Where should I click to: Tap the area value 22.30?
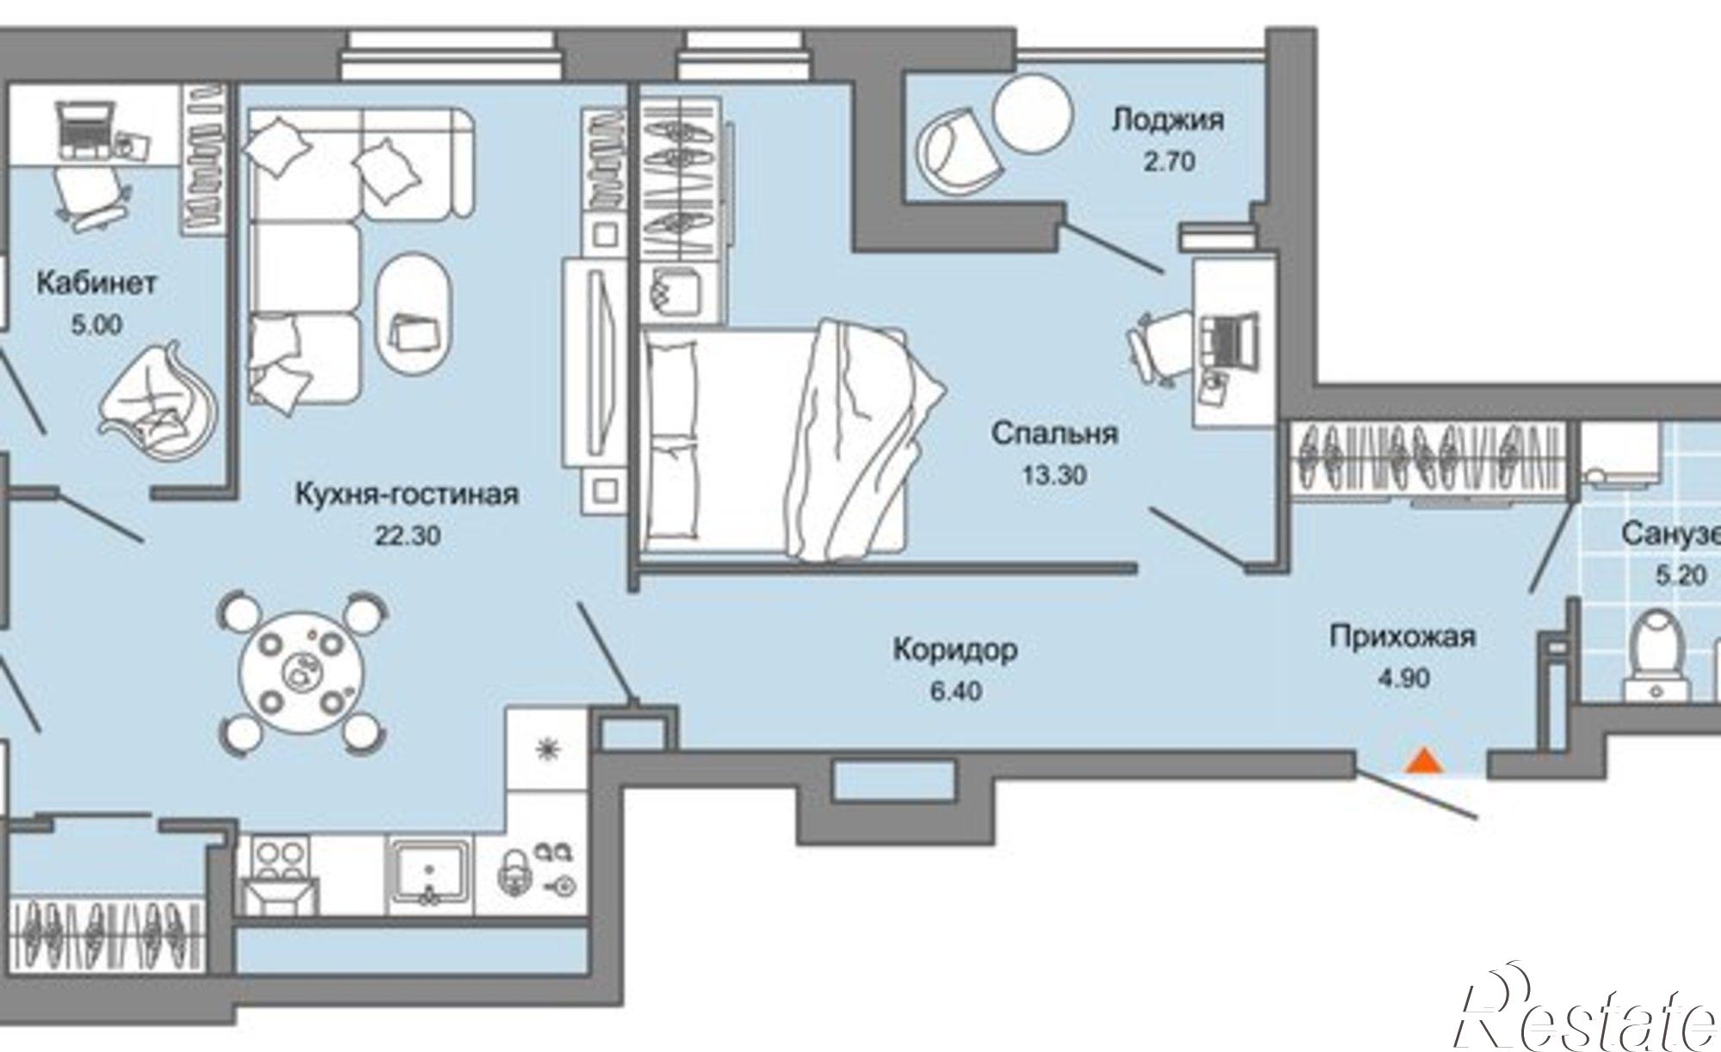click(407, 536)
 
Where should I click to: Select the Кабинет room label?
click(96, 283)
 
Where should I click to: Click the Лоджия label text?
click(1167, 120)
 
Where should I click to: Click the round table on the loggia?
click(1033, 111)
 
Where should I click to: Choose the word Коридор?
click(955, 649)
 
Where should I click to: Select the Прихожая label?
click(1403, 637)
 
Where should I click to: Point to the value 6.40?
click(956, 690)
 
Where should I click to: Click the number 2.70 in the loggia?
click(1169, 161)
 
